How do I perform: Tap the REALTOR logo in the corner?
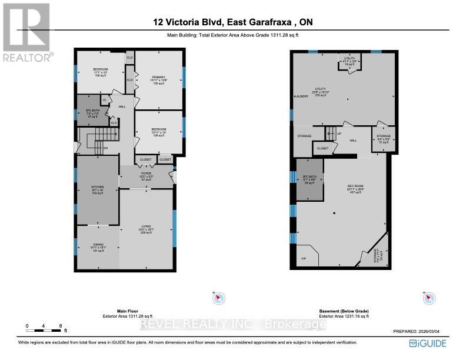26,32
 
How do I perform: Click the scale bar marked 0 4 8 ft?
44,328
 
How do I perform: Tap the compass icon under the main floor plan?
217,298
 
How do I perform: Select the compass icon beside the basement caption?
428,298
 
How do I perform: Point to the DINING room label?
97,246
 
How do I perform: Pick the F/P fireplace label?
304,258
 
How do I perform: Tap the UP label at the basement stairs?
339,134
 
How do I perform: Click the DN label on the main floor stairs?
106,148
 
